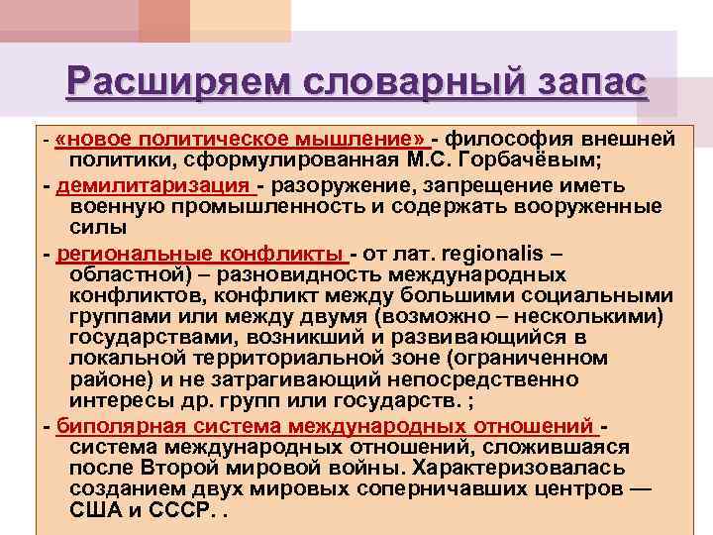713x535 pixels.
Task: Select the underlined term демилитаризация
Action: (154, 184)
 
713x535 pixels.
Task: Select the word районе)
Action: (106, 379)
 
